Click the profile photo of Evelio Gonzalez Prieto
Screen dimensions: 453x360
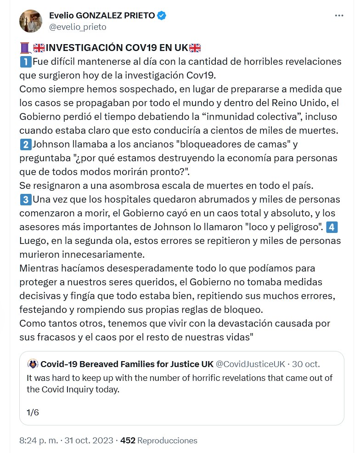(31, 21)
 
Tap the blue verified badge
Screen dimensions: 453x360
(162, 16)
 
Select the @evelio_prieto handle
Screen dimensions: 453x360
(78, 27)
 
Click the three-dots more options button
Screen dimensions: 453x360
(339, 16)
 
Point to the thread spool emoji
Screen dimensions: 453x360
(25, 48)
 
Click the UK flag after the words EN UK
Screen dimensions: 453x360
(195, 48)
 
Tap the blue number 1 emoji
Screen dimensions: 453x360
(25, 61)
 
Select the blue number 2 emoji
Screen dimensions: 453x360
(25, 145)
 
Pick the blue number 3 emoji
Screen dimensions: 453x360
(25, 200)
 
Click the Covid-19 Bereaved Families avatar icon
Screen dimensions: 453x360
(33, 364)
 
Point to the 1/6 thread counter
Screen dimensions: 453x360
(33, 412)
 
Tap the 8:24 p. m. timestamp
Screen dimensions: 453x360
(39, 441)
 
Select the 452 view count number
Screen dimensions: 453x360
(128, 441)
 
